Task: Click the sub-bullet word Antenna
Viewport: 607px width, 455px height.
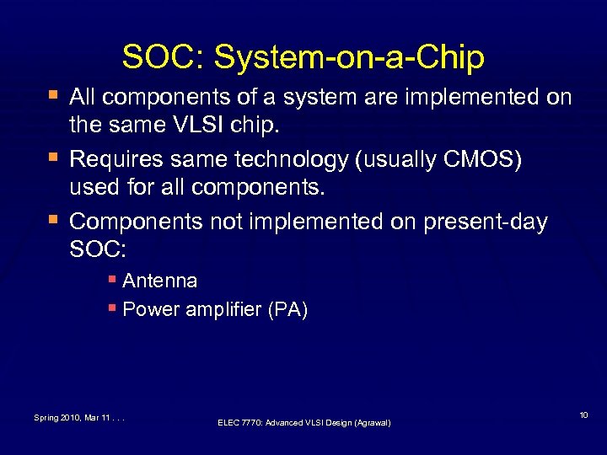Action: [160, 281]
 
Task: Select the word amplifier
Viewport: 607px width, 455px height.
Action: [223, 310]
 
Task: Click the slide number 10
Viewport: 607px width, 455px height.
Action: [584, 416]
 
